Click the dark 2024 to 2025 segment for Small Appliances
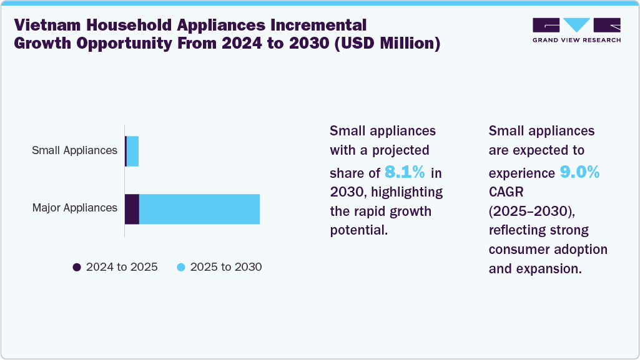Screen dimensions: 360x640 (126, 151)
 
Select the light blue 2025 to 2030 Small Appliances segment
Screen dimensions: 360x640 (132, 151)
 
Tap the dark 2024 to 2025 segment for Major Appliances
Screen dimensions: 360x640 (132, 208)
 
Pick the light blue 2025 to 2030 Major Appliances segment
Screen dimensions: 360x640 (199, 208)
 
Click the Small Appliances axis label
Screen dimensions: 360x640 (75, 150)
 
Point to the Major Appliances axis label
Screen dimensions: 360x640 (75, 208)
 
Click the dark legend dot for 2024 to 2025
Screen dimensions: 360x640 (77, 267)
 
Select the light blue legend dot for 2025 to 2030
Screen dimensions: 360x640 (181, 267)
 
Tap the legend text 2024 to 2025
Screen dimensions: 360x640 (122, 267)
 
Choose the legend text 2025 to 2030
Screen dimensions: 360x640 (226, 267)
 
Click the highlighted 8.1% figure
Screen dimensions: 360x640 (405, 172)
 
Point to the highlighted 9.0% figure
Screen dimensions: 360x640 (579, 172)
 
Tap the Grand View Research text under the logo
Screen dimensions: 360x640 (576, 41)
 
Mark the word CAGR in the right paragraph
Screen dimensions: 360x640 (507, 190)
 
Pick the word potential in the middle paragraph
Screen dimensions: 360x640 (359, 230)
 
